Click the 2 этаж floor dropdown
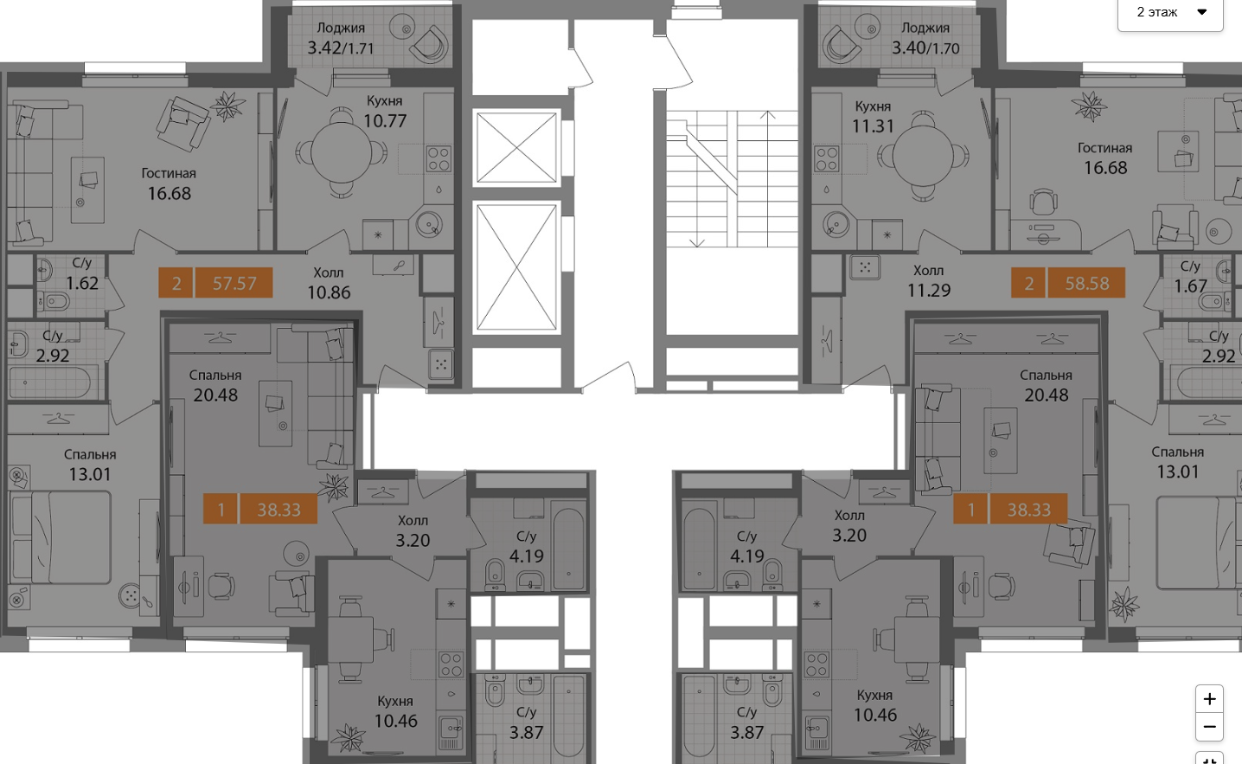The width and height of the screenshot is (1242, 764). coord(1170,13)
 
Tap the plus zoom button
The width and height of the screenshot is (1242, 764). coord(1209,699)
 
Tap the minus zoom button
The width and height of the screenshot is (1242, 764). coord(1209,727)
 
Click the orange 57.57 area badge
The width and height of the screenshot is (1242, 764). coord(234,283)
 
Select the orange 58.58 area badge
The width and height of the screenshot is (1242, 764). coord(1086,283)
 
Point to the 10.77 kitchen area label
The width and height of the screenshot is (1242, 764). coord(386,120)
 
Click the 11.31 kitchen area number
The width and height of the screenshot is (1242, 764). coord(874,126)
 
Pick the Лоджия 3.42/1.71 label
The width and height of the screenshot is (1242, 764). coord(341,38)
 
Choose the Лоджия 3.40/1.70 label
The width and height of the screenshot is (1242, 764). coord(925,38)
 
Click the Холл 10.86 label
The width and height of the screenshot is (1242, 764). coord(329,283)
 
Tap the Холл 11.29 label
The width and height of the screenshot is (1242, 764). coord(929,280)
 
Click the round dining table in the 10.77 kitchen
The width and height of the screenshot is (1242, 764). coord(341,152)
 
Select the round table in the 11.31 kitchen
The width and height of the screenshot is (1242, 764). coord(923,157)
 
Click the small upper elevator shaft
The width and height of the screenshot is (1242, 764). coord(516,148)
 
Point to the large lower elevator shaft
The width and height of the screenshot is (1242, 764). coord(516,267)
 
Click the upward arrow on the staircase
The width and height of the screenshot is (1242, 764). coord(768,178)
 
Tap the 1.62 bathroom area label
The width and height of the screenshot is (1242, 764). coord(82,283)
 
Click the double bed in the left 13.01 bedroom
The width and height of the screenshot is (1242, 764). coord(61,537)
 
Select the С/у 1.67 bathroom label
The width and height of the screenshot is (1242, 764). coord(1190,276)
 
